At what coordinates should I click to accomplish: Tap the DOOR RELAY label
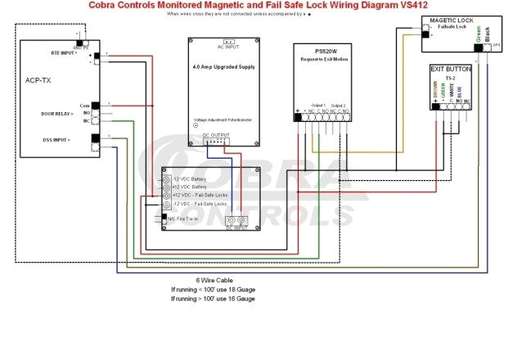coord(57,114)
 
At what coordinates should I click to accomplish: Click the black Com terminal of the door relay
coord(95,106)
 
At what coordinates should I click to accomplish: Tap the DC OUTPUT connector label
coord(217,134)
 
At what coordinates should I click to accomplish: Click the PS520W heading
coord(326,51)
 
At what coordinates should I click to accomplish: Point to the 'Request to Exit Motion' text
coord(326,58)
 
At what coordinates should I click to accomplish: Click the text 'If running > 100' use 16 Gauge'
coord(213,299)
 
